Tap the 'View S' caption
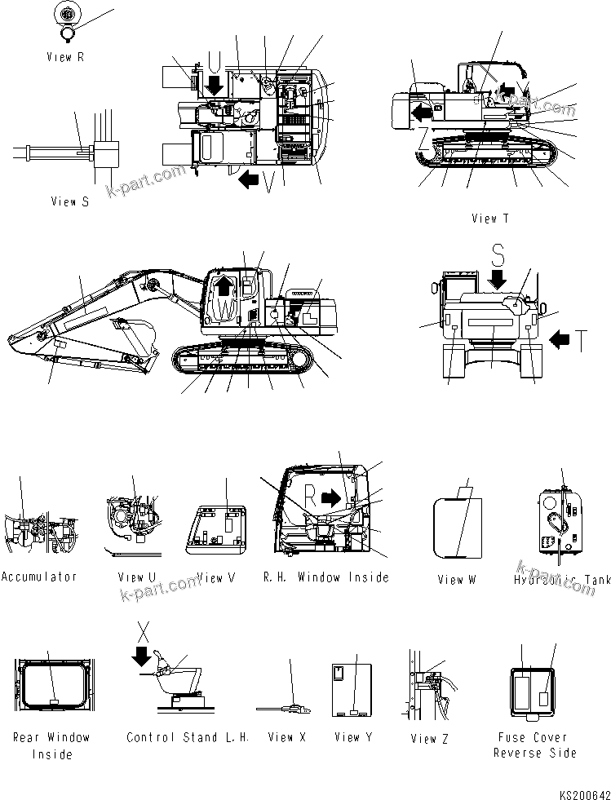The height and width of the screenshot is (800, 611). click(x=69, y=201)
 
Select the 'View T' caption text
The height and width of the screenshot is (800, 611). click(x=489, y=219)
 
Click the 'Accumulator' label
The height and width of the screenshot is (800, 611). click(x=39, y=577)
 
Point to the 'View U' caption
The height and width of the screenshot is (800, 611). click(x=136, y=577)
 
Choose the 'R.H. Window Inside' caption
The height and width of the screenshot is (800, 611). click(x=325, y=577)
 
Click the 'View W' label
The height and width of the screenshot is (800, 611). click(x=456, y=580)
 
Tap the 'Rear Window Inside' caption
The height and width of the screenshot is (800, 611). click(x=51, y=745)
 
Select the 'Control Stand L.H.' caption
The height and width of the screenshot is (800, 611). click(x=188, y=737)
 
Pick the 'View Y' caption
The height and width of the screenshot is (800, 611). click(x=352, y=737)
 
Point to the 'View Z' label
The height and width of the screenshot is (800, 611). click(x=423, y=739)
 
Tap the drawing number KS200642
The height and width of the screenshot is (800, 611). click(x=584, y=793)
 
